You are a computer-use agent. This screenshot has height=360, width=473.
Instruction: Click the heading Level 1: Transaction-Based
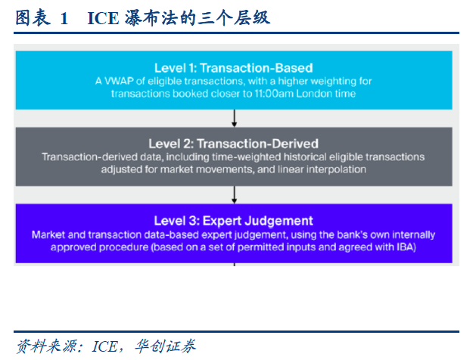(234, 68)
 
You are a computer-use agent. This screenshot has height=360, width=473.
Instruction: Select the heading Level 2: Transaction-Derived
(234, 144)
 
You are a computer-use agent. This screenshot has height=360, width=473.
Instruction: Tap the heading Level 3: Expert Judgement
(234, 221)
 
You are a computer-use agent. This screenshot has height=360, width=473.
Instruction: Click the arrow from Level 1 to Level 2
(234, 118)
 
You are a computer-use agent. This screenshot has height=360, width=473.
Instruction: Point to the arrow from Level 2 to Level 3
(234, 195)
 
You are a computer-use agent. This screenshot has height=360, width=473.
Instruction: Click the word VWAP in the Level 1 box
(119, 81)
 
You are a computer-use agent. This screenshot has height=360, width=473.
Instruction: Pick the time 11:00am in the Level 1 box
(274, 94)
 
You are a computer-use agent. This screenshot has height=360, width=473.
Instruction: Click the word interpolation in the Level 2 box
(337, 169)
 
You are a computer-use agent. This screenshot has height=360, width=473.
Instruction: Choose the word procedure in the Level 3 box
(123, 247)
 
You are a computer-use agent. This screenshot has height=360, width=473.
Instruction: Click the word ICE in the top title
(103, 18)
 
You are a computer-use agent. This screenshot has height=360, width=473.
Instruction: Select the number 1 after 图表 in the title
(64, 19)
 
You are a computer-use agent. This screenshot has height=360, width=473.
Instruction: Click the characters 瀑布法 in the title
(151, 17)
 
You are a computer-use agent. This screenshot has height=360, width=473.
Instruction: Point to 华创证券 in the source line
(165, 346)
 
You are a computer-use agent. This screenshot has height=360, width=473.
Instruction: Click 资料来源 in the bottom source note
(47, 346)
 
